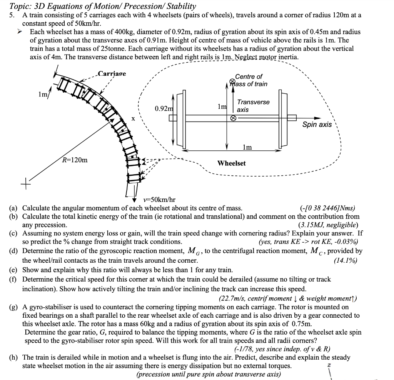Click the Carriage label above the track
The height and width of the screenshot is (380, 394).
click(112, 74)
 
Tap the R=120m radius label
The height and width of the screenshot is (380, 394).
click(75, 160)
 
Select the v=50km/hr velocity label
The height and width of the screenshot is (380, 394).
click(159, 200)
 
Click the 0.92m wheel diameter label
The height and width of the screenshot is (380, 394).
click(164, 108)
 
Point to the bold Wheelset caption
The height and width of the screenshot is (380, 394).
click(231, 163)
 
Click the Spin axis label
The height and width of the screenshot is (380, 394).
click(317, 125)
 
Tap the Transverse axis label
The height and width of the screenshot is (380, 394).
click(253, 106)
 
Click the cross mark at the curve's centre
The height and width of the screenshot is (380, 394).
click(25, 184)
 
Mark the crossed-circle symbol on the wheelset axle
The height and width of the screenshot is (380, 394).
click(233, 118)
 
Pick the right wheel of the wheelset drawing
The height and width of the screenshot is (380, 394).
click(283, 119)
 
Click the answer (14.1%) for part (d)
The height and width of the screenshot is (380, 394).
click(346, 260)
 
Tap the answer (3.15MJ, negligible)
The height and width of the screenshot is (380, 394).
click(328, 225)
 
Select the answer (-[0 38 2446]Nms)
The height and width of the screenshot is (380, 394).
click(328, 208)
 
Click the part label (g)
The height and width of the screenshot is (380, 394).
click(13, 307)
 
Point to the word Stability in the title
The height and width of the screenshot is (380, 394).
click(182, 6)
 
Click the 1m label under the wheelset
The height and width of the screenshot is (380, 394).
click(247, 147)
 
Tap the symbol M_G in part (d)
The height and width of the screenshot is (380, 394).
click(192, 251)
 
